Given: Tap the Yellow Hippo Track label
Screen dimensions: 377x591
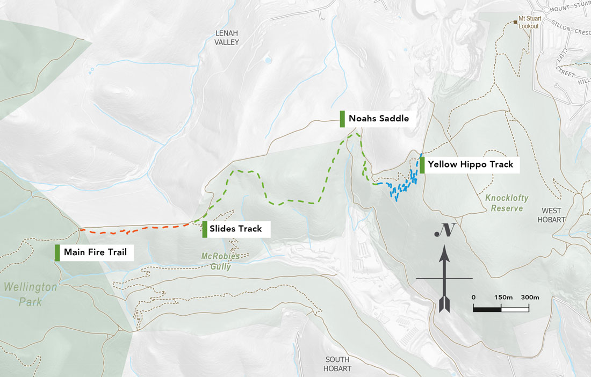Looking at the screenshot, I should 470,165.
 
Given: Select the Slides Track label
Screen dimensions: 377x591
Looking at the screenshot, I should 235,229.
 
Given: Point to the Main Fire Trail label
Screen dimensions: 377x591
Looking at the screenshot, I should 95,252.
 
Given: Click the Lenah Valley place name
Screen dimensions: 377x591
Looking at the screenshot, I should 226,38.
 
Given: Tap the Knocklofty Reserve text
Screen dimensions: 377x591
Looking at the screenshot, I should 507,203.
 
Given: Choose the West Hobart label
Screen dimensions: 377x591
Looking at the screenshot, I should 553,216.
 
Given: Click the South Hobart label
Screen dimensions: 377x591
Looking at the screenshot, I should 337,364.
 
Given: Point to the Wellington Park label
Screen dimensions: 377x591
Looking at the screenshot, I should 30,294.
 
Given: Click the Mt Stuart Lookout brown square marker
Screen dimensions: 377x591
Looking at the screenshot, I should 516,22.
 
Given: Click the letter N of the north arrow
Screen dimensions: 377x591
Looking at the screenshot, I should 445,230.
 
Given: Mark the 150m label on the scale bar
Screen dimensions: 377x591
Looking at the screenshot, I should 503,298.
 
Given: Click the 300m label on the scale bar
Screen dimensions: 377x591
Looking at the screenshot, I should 530,298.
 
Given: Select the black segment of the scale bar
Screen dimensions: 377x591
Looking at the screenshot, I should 487,309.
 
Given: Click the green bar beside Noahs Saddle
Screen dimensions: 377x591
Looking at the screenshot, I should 342,119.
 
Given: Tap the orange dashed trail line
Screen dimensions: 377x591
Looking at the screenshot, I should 134,230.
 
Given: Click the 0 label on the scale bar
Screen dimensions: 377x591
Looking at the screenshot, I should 473,298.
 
